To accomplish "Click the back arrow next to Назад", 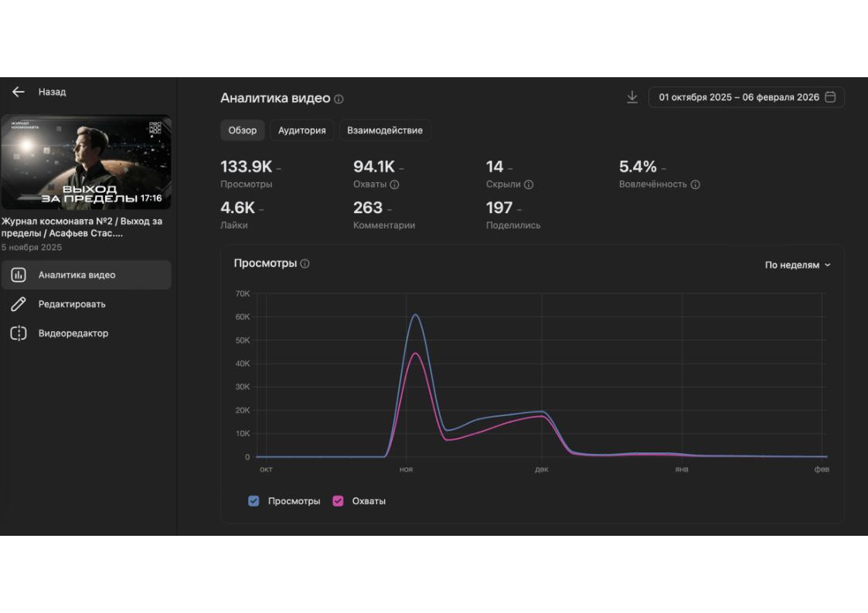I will (19, 92).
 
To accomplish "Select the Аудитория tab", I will (301, 130).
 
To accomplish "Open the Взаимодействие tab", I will (385, 130).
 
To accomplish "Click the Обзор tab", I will (242, 130).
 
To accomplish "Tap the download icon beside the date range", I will (632, 97).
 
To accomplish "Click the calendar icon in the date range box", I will (831, 97).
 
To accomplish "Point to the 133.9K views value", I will (246, 167).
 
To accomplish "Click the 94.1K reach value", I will (374, 167).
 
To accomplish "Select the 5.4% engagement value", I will (638, 167).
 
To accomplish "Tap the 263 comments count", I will (368, 208).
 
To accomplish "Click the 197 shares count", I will (499, 208).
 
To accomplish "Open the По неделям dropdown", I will (798, 265).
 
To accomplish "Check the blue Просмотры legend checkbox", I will (254, 501).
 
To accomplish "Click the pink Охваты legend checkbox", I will (338, 501).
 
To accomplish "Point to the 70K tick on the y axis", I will (242, 293).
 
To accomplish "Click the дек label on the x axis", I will (541, 469).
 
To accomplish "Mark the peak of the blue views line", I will (415, 314).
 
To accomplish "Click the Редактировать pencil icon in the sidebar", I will (19, 304).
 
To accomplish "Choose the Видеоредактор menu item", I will (73, 334).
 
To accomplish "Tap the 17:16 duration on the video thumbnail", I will (151, 198).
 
